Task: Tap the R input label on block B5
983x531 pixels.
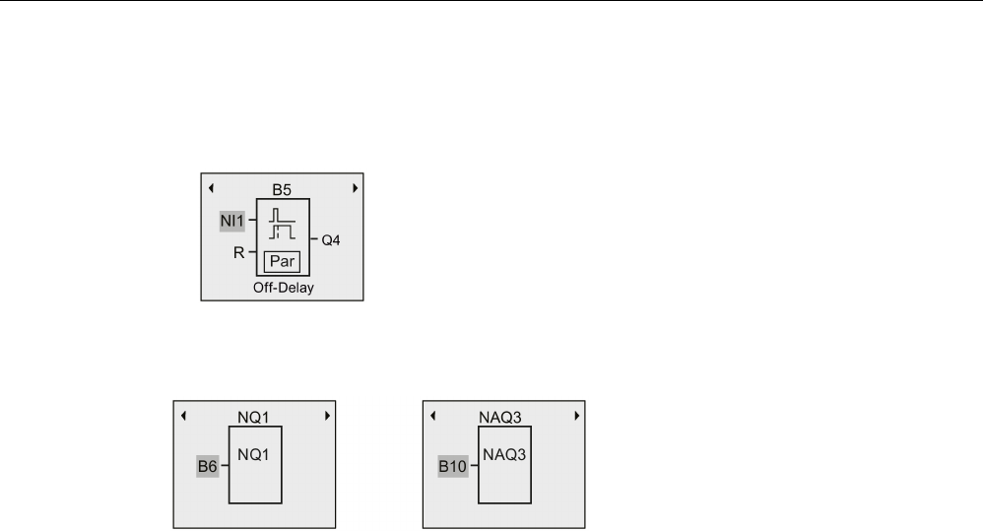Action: click(237, 252)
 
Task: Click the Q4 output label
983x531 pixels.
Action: click(329, 238)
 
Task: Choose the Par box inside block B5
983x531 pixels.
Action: click(282, 263)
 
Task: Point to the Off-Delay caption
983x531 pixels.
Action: click(282, 289)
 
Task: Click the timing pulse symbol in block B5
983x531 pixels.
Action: click(282, 224)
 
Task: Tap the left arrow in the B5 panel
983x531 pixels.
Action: click(210, 186)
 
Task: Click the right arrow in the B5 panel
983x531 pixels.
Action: click(355, 186)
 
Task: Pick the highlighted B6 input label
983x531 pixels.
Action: click(207, 467)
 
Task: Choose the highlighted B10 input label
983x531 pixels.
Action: click(453, 467)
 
